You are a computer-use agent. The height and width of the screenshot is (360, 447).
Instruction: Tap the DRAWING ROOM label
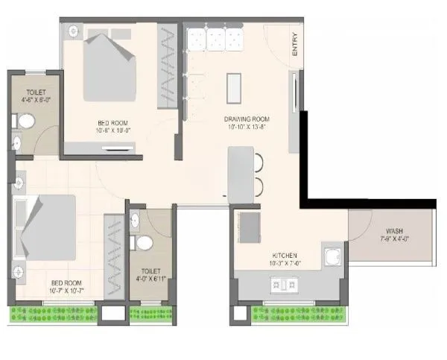click(x=247, y=119)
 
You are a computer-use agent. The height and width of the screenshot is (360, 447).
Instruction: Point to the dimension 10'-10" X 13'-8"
click(x=247, y=127)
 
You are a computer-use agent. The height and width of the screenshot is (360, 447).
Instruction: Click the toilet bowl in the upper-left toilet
click(x=25, y=119)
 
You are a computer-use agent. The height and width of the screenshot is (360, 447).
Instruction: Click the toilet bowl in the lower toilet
click(x=145, y=242)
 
